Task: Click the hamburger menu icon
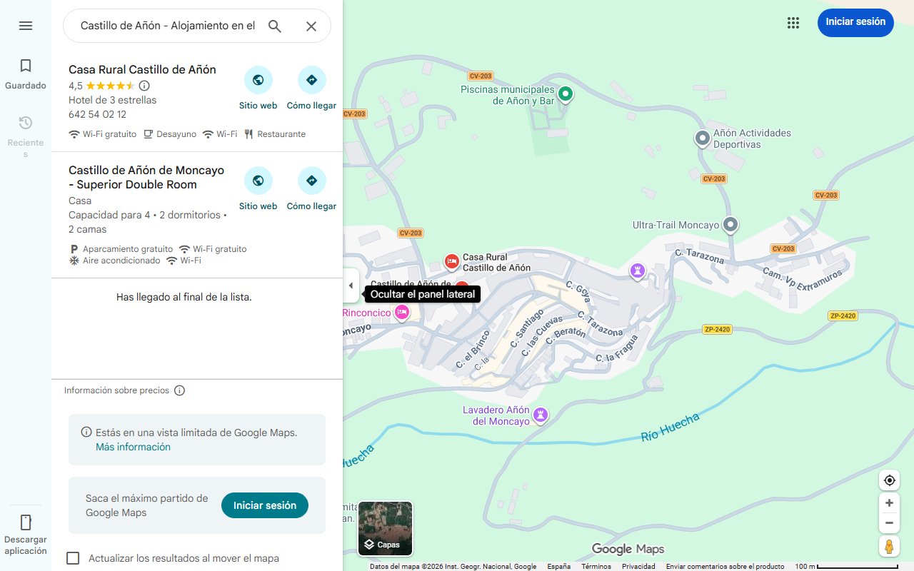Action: tap(26, 26)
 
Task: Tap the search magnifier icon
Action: tap(275, 26)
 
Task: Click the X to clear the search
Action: tap(311, 26)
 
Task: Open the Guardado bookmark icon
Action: tap(26, 66)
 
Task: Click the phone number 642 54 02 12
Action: tap(97, 114)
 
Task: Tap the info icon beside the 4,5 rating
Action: tap(144, 86)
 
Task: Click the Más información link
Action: tap(133, 447)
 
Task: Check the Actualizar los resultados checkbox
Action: tap(73, 558)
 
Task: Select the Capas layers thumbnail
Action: tap(385, 528)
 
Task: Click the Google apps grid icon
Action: tap(793, 23)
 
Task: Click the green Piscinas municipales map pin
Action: tap(566, 94)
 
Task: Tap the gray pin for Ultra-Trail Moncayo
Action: tap(730, 225)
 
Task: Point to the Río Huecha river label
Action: tap(670, 427)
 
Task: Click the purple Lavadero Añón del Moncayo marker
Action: tap(541, 414)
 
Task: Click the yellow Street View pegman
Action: tap(889, 546)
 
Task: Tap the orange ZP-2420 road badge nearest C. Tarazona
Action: tap(717, 329)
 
